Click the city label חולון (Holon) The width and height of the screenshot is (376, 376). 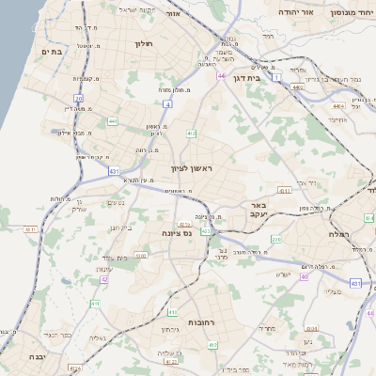coord(143,43)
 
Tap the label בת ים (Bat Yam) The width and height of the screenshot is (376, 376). coord(53,52)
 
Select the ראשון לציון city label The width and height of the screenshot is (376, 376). coord(192,168)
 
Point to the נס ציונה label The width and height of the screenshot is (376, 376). coord(177,232)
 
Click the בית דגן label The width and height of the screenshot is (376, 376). coord(246,78)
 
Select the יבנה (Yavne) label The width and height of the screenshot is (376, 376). coord(36,357)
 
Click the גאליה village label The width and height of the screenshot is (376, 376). coord(95,337)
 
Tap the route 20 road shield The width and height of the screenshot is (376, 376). coord(79,98)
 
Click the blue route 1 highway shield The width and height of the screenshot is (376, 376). coord(276,76)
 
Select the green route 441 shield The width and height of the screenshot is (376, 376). coord(112,120)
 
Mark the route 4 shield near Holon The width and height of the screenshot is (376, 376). coord(165,105)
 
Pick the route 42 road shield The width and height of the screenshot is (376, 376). coord(104,279)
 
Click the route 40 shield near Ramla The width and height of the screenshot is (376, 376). coord(304,277)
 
